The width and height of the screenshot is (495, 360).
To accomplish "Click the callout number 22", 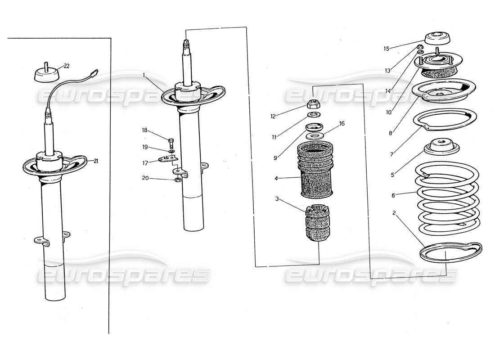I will pos(66,66).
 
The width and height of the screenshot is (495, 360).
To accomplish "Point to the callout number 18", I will pos(145,130).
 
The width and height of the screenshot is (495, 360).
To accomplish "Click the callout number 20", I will pos(145,178).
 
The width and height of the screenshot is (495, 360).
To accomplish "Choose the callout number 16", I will pos(342,123).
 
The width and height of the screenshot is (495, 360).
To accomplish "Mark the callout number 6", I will pos(393,195).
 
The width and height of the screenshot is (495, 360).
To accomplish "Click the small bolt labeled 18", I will pos(171,141).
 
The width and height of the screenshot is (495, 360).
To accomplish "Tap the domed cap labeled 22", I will pos(47,74).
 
